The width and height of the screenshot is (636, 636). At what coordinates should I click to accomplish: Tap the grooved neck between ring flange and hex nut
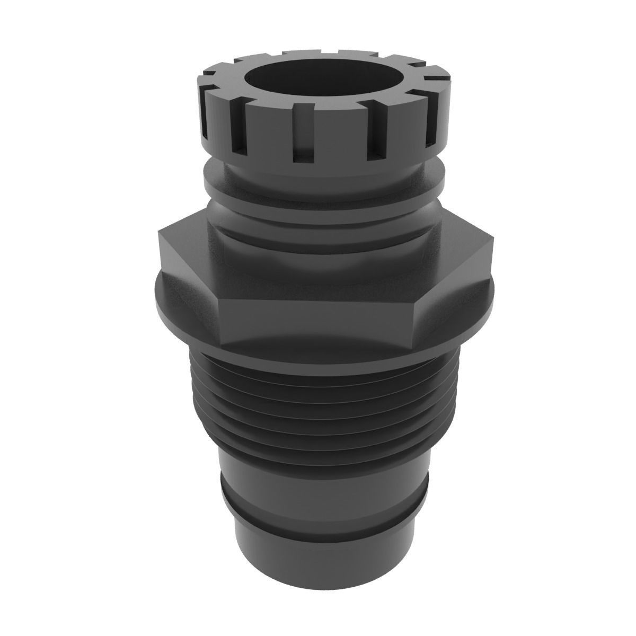coord(318,212)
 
